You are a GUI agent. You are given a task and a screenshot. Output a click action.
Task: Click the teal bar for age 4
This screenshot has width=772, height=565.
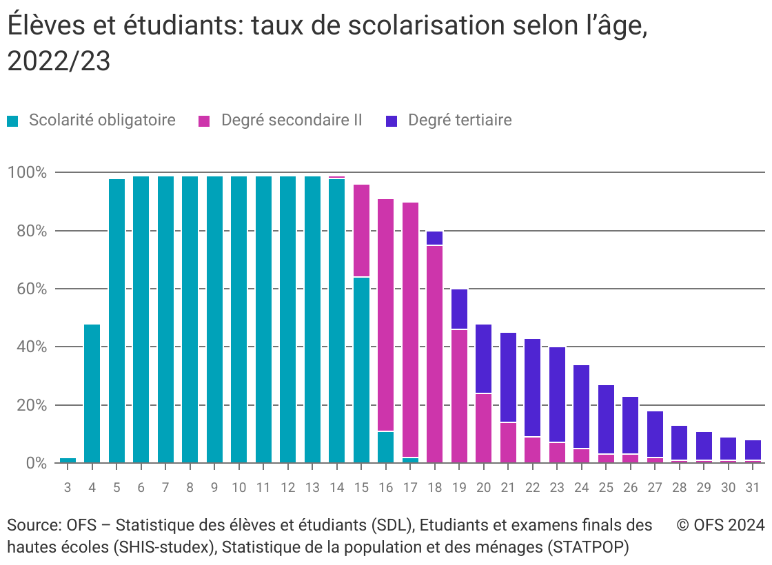(92, 393)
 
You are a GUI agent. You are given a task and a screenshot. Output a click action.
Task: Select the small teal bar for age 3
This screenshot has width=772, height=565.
(68, 460)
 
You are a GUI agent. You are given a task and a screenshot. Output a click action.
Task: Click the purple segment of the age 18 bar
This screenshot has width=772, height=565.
(434, 238)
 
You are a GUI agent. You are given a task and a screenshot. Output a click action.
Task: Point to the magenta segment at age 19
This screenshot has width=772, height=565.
(459, 396)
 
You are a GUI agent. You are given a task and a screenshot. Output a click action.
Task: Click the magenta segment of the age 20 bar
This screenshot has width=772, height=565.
(483, 428)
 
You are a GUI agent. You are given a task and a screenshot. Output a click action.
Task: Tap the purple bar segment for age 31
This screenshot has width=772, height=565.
(753, 450)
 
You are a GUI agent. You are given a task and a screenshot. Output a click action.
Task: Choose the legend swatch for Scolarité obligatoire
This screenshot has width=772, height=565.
(13, 121)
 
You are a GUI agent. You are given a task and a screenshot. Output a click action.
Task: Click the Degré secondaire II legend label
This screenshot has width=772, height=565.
(291, 121)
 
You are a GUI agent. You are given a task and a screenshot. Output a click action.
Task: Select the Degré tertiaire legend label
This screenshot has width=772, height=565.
(460, 121)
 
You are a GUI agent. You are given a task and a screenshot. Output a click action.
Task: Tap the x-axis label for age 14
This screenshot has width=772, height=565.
(336, 488)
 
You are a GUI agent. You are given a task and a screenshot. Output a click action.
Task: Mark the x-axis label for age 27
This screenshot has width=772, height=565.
(655, 488)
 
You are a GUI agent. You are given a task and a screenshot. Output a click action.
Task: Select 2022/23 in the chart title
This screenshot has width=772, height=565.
(59, 61)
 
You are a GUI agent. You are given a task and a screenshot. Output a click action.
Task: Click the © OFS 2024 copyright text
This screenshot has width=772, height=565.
(720, 526)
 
